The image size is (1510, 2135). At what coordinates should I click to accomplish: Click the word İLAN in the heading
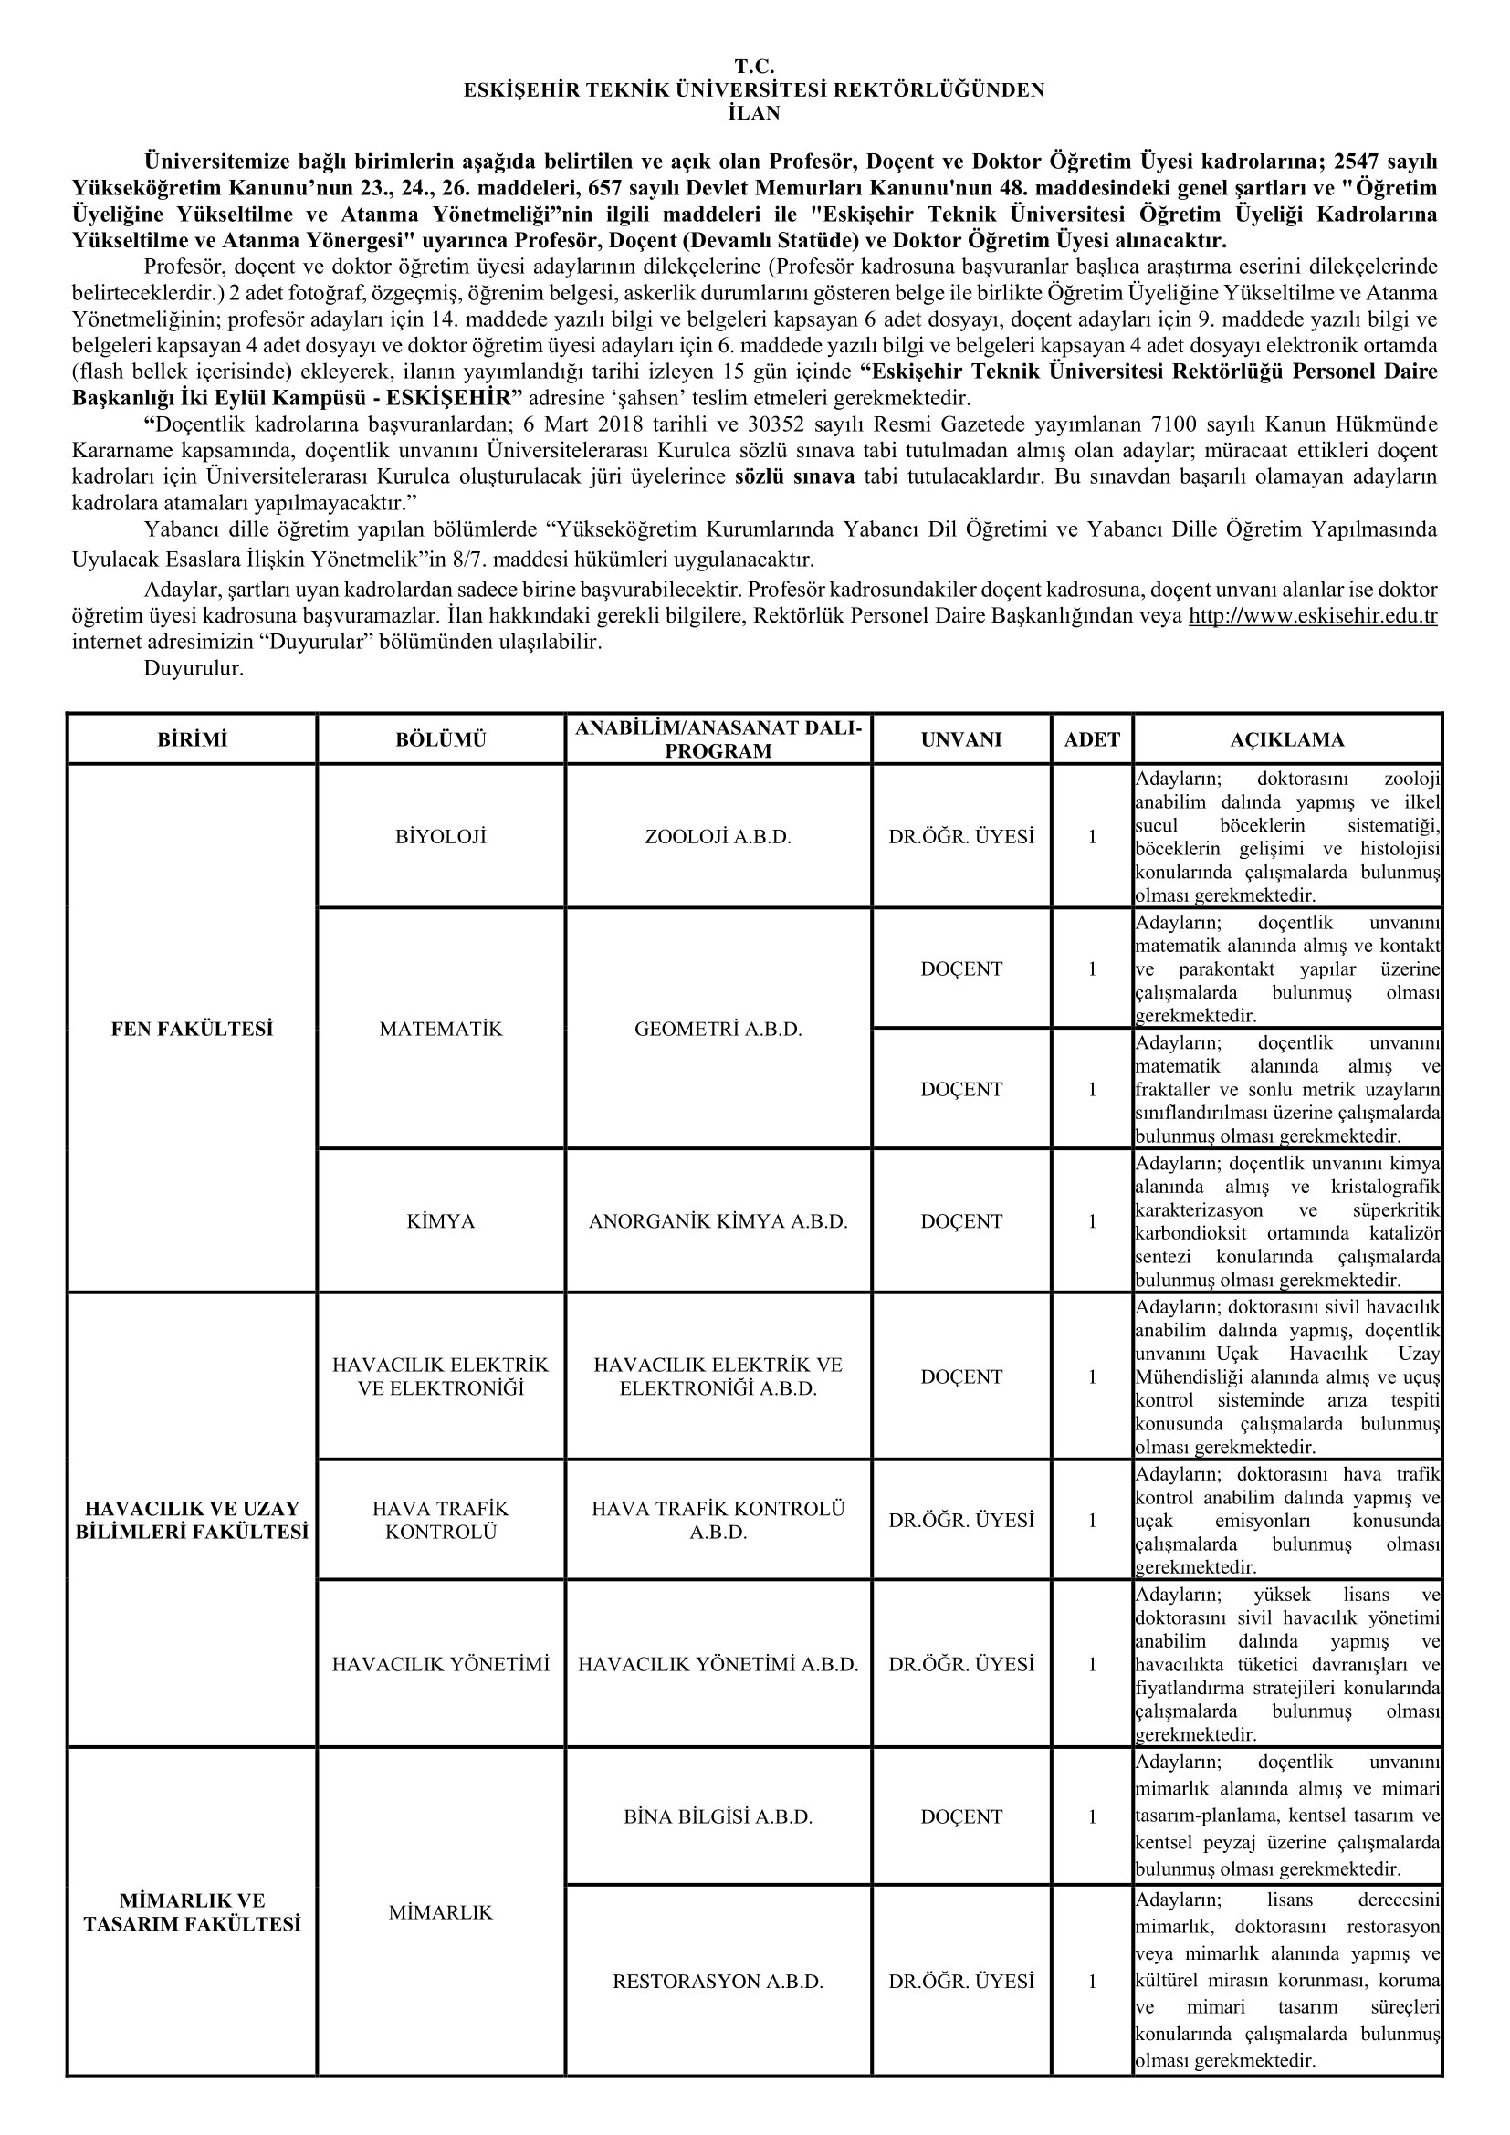(754, 113)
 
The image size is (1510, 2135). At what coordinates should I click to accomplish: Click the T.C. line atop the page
(754, 66)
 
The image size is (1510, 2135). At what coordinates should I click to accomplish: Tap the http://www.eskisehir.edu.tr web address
(1313, 615)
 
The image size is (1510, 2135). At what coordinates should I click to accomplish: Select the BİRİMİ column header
(193, 739)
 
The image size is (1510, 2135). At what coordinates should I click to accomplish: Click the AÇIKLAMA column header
(1287, 739)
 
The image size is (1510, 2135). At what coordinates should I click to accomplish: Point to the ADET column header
(1093, 739)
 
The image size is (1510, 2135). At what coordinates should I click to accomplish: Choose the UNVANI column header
(961, 739)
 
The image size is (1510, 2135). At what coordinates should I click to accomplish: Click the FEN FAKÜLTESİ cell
(193, 1029)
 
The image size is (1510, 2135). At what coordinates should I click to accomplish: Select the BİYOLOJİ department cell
(441, 837)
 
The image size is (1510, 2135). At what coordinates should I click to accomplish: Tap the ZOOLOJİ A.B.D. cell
(718, 837)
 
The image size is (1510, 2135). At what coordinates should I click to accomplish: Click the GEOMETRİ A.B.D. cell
(718, 1029)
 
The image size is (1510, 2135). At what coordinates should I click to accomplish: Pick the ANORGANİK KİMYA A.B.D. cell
(718, 1221)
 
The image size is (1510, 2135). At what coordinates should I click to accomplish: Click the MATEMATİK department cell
(441, 1029)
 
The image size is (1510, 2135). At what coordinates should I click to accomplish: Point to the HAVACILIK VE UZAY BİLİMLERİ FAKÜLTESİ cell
(193, 1520)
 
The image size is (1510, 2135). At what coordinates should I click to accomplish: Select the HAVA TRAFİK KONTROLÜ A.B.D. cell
(718, 1520)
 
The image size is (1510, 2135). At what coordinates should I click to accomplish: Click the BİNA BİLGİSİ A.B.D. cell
(718, 1816)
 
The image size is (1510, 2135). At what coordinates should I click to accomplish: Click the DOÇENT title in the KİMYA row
(961, 1221)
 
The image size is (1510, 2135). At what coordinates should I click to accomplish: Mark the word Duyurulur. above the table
(194, 668)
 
